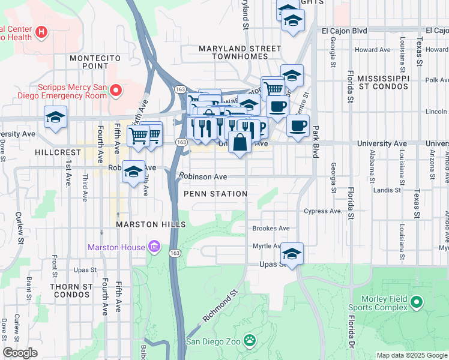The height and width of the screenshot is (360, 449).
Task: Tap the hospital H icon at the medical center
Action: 41,31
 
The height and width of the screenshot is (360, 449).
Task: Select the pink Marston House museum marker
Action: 154,247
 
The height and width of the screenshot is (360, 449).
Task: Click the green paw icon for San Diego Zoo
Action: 250,341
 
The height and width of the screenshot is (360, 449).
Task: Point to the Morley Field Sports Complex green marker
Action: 417,303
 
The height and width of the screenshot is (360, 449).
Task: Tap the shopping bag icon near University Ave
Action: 240,143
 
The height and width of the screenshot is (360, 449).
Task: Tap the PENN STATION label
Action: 215,194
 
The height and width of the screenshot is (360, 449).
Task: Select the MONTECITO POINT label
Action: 95,62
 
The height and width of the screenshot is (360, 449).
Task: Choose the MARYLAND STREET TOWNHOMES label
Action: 240,52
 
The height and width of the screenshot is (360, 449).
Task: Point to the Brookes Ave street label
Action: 271,229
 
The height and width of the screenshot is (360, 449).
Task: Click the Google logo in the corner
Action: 20,353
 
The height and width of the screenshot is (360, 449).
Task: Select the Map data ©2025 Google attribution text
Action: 411,355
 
